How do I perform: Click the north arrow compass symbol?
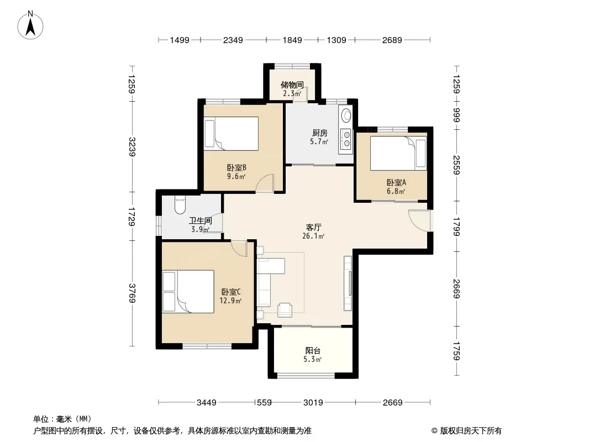pyautogui.click(x=30, y=25)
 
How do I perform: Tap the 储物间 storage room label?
pyautogui.click(x=292, y=85)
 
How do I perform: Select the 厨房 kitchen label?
pyautogui.click(x=320, y=133)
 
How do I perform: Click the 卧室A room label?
pyautogui.click(x=396, y=183)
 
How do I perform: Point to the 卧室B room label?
pyautogui.click(x=236, y=168)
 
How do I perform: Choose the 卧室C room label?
pyautogui.click(x=230, y=292)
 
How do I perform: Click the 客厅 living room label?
pyautogui.click(x=313, y=228)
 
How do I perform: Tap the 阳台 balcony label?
pyautogui.click(x=313, y=351)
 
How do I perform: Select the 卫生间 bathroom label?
pyautogui.click(x=200, y=221)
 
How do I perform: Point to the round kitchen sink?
pyautogui.click(x=345, y=114)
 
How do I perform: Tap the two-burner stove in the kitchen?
pyautogui.click(x=345, y=139)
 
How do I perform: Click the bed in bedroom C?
pyautogui.click(x=188, y=291)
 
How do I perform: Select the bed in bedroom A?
pyautogui.click(x=398, y=153)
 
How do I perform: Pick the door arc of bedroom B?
pyautogui.click(x=265, y=183)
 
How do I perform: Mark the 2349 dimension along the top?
pyautogui.click(x=233, y=40)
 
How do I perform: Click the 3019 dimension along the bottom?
pyautogui.click(x=313, y=403)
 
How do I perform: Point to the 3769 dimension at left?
pyautogui.click(x=132, y=293)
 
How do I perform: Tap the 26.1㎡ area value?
pyautogui.click(x=313, y=236)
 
